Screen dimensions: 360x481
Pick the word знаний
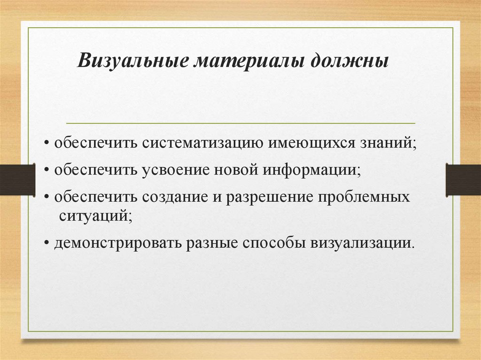pos(388,143)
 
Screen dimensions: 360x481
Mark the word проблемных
pos(365,196)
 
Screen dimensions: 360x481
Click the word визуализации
pos(362,244)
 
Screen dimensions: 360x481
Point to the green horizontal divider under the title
pos(240,123)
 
